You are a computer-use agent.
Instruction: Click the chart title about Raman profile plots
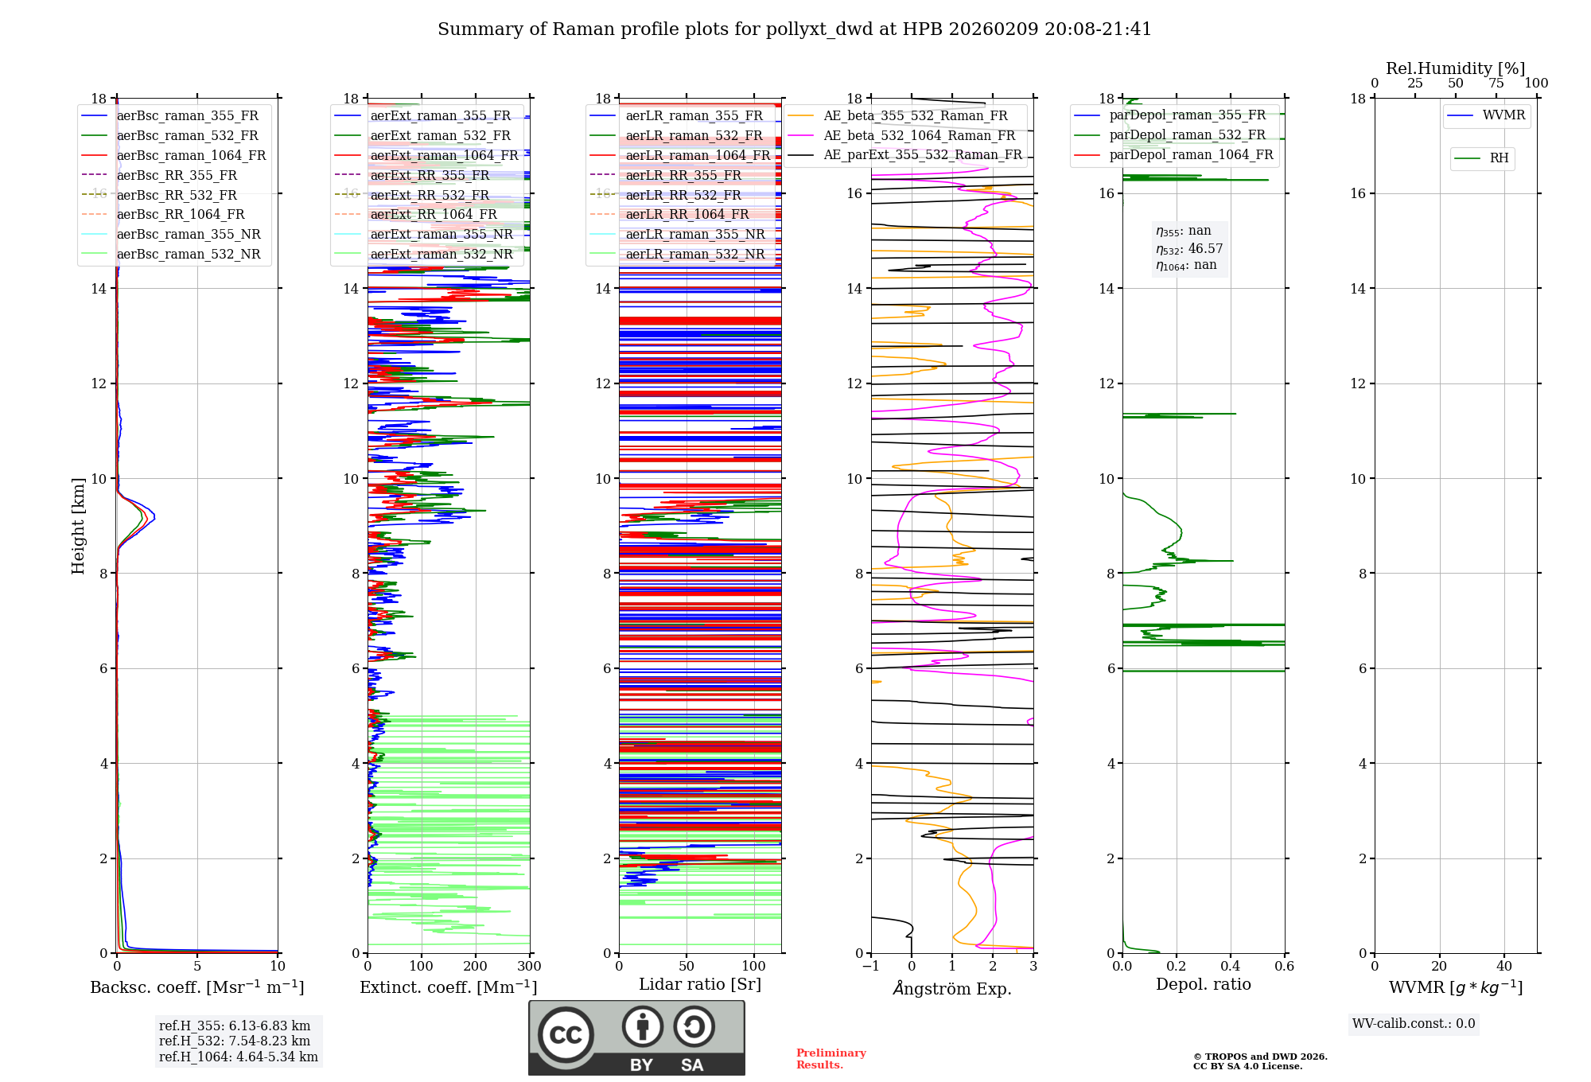pos(794,29)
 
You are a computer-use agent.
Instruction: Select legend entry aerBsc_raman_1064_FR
pos(191,156)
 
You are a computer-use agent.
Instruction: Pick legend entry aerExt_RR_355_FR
pos(430,176)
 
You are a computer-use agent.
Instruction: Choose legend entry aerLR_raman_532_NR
pos(694,255)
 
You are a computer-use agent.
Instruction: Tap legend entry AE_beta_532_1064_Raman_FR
pos(919,136)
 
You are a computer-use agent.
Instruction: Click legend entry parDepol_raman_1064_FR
pos(1191,155)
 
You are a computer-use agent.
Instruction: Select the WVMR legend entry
pos(1503,115)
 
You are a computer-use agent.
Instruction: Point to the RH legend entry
pos(1499,158)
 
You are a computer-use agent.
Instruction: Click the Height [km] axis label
pos(78,526)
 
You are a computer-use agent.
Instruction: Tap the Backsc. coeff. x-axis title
pos(196,987)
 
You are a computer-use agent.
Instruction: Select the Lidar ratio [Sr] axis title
pos(699,985)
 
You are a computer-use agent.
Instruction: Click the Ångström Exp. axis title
pos(951,989)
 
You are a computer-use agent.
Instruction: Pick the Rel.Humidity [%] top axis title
pos(1455,68)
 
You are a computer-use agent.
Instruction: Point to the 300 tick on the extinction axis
pos(529,967)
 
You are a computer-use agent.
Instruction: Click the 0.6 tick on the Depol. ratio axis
pos(1284,967)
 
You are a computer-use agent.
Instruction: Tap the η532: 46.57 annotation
pos(1189,249)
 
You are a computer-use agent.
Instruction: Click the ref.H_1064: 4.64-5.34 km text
pos(239,1057)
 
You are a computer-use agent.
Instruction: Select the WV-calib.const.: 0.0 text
pos(1414,1024)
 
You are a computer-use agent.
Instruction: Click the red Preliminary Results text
pos(831,1059)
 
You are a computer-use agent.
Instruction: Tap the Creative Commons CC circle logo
pos(566,1035)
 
